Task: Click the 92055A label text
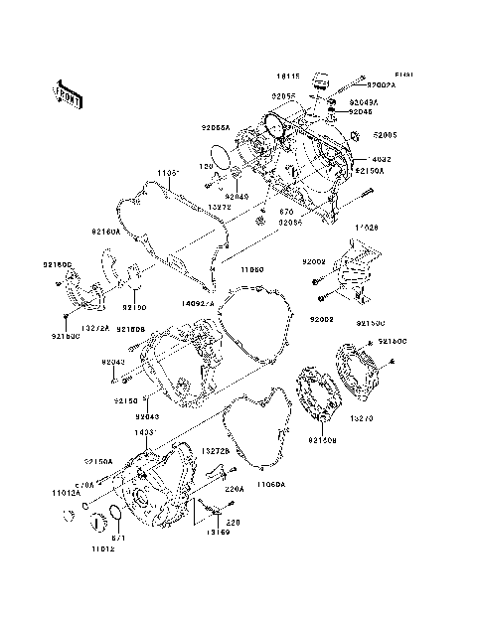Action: pos(216,128)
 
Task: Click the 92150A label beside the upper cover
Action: pos(368,171)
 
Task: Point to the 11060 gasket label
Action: pos(251,268)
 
